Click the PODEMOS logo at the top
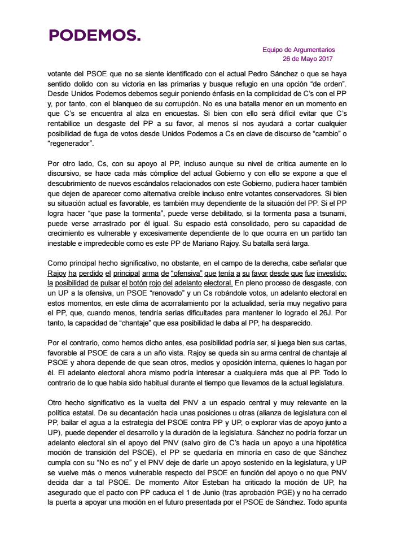(94, 36)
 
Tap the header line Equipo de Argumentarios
(298, 50)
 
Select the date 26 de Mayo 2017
(308, 59)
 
